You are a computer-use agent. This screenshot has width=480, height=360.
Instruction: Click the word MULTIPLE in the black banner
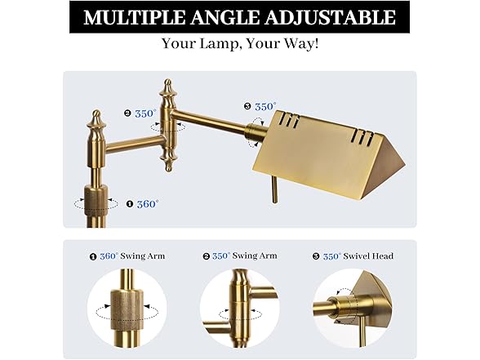click(135, 17)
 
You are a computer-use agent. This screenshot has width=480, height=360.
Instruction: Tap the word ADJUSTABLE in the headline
click(330, 17)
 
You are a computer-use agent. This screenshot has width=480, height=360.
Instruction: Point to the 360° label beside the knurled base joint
click(148, 204)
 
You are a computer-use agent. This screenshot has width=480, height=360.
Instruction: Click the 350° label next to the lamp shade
click(266, 106)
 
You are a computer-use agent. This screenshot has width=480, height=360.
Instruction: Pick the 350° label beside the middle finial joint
click(145, 113)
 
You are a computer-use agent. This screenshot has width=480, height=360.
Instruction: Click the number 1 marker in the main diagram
click(130, 204)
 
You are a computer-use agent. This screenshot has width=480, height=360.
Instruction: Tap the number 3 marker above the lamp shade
click(247, 106)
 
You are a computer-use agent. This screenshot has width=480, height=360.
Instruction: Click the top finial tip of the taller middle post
click(168, 82)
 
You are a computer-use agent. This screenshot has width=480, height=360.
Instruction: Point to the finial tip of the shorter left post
click(96, 113)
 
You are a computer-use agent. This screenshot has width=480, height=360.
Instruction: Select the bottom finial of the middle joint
click(168, 161)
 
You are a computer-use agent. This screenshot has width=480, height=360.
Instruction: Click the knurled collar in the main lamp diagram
click(96, 200)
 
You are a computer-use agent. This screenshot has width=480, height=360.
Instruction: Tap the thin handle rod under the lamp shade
click(274, 190)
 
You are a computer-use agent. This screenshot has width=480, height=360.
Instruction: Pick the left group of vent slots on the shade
click(289, 119)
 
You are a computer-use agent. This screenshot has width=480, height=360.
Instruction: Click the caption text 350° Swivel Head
click(358, 256)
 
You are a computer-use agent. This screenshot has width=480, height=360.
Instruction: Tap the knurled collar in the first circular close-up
click(127, 309)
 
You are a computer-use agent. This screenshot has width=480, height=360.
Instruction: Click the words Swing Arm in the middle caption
click(255, 256)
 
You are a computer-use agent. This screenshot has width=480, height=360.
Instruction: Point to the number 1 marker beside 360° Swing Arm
click(93, 256)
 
